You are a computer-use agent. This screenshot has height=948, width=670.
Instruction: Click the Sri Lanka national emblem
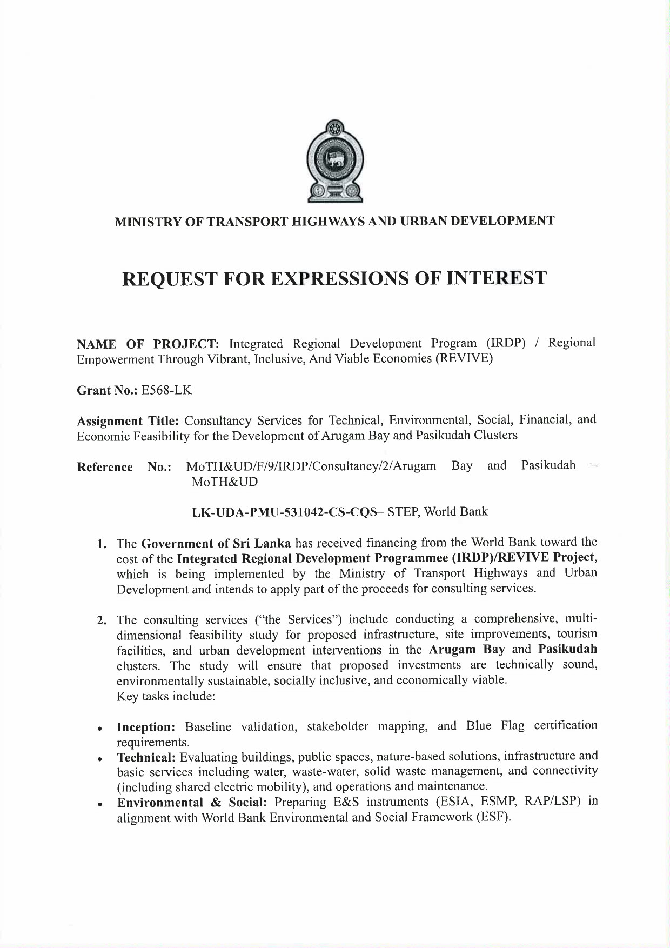pyautogui.click(x=334, y=161)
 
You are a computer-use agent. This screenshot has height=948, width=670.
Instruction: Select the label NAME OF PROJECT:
pyautogui.click(x=148, y=344)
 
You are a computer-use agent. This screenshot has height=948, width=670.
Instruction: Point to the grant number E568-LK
pyautogui.click(x=166, y=390)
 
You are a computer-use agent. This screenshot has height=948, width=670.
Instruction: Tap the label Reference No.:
pyautogui.click(x=124, y=467)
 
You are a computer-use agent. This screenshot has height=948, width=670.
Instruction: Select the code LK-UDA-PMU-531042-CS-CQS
pyautogui.click(x=284, y=512)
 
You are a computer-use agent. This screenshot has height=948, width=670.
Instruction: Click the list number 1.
pyautogui.click(x=101, y=544)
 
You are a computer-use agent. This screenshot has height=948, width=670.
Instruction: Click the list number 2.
pyautogui.click(x=101, y=620)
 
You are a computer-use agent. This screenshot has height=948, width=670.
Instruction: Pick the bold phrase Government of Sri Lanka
pyautogui.click(x=216, y=543)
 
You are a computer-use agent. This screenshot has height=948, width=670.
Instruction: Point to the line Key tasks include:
pyautogui.click(x=166, y=696)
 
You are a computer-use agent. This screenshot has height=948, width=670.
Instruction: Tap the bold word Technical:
pyautogui.click(x=146, y=757)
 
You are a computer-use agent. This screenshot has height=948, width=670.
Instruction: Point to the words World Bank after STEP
pyautogui.click(x=455, y=511)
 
